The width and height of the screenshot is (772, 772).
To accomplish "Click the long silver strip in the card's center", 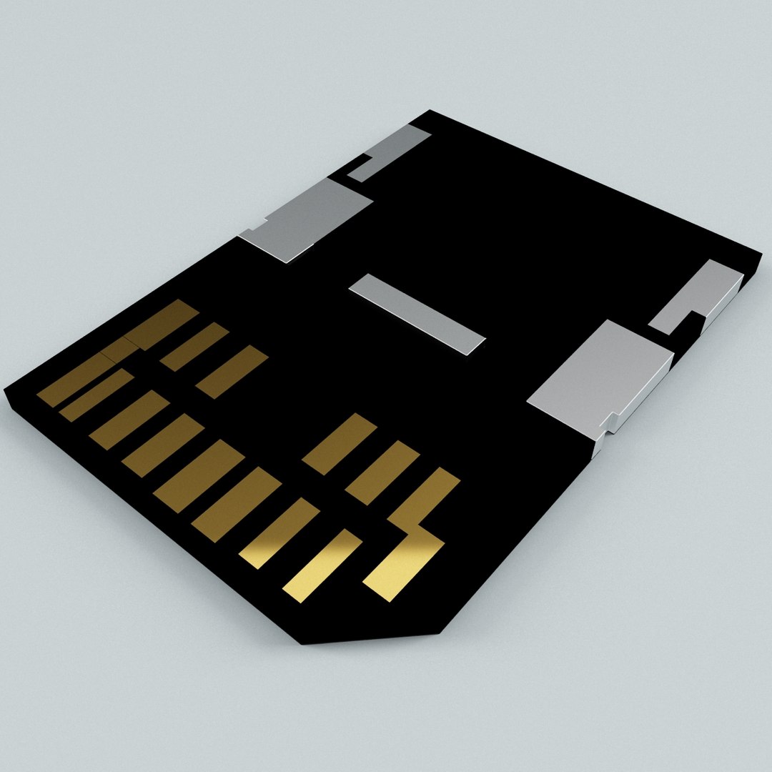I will coord(417,315).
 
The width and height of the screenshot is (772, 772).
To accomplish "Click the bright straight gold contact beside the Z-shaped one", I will coord(322,565).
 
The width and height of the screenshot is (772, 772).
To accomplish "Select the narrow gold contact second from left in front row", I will coord(96,395).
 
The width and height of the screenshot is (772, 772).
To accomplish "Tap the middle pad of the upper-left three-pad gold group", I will coord(194,347).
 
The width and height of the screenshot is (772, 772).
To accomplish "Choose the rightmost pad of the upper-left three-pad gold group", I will coord(232,372).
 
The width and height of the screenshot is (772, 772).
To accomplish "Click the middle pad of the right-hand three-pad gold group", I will coord(382,472).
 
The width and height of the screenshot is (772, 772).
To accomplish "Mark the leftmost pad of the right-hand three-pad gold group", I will coord(340,443).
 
